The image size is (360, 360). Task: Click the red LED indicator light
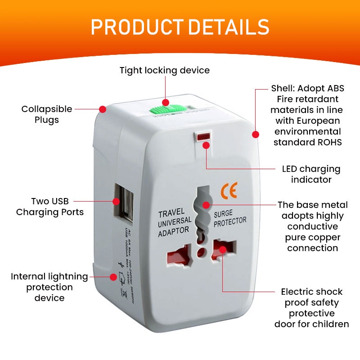[204, 136]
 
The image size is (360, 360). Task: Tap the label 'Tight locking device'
[165, 70]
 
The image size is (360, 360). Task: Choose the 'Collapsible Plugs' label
[47, 114]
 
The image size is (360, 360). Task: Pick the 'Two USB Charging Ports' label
[50, 207]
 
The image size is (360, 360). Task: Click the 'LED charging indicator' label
[311, 174]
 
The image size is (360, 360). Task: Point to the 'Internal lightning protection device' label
[49, 287]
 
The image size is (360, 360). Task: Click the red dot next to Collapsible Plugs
[103, 109]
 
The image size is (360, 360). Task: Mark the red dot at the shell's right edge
[256, 134]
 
